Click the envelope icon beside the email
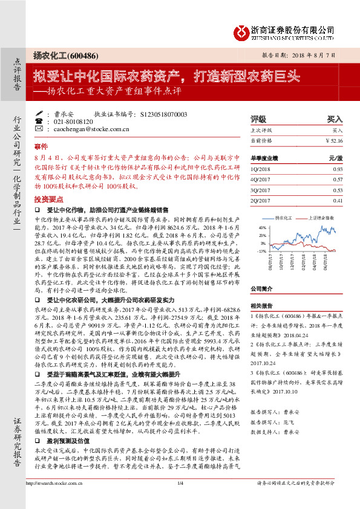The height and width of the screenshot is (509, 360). (39, 129)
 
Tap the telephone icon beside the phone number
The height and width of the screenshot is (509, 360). (39, 121)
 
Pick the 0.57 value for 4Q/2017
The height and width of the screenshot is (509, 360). (338, 179)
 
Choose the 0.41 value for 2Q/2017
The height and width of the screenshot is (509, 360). (338, 200)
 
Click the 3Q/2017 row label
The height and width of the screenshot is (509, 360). (261, 190)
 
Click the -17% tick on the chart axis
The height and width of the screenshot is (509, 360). (262, 250)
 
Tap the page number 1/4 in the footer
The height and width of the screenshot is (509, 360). (180, 499)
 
